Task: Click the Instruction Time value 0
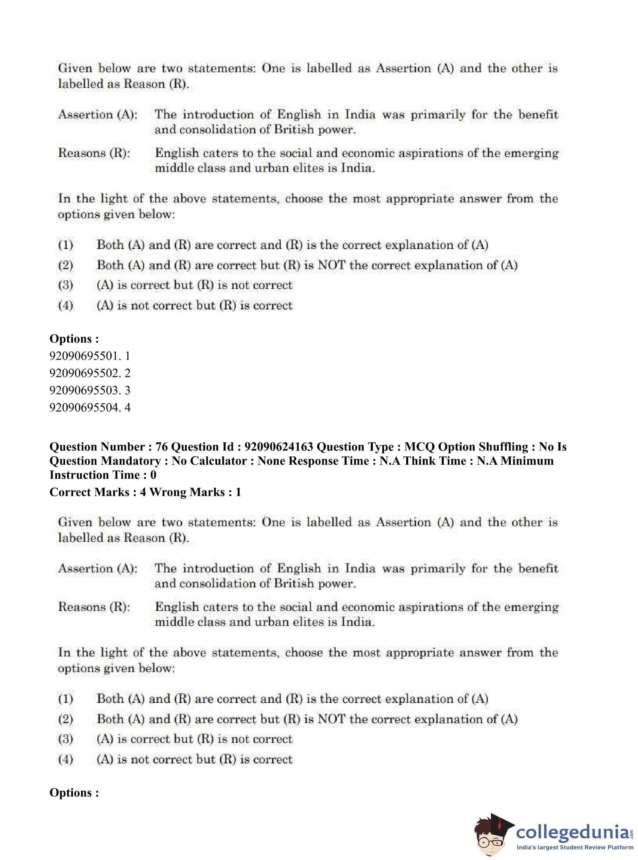click(x=153, y=475)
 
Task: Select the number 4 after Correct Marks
click(x=143, y=493)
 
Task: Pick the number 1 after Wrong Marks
click(x=238, y=493)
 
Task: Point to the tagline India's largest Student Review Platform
click(x=575, y=847)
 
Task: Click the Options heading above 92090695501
click(x=74, y=339)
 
